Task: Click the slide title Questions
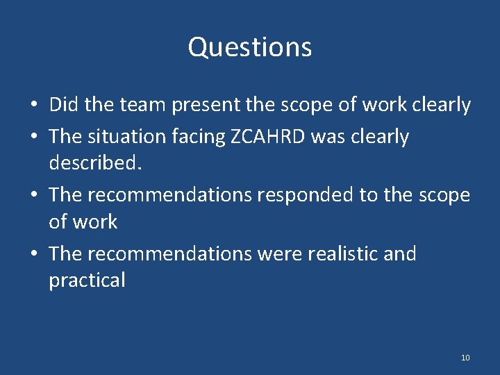point(250,47)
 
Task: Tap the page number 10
point(465,358)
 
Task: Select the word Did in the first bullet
point(62,105)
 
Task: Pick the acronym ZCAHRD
point(266,137)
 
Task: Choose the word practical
point(87,281)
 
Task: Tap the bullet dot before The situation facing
point(33,137)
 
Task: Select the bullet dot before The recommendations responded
point(33,196)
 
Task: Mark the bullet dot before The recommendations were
point(33,254)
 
